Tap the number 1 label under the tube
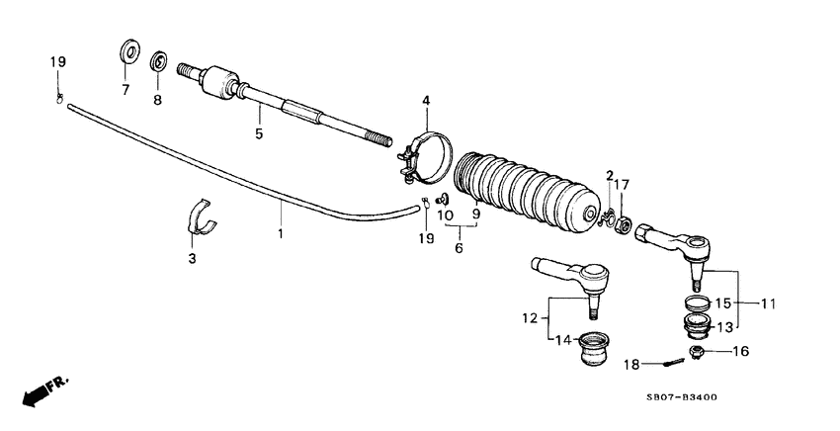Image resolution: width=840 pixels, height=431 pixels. [280, 234]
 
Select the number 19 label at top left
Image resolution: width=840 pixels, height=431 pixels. [58, 62]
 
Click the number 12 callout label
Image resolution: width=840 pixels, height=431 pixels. [531, 318]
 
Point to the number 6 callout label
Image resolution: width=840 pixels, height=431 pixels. [459, 249]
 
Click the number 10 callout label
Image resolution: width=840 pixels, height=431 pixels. [446, 215]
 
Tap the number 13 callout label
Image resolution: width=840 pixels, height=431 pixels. [723, 327]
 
